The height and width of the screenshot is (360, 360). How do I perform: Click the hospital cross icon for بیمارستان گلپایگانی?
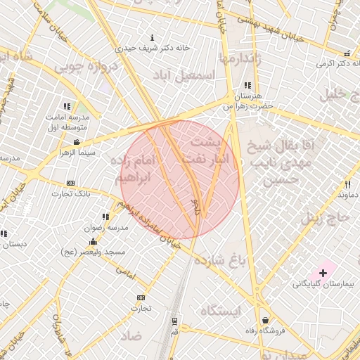pyautogui.click(x=323, y=271)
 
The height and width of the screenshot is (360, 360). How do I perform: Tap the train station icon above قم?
pyautogui.click(x=174, y=320)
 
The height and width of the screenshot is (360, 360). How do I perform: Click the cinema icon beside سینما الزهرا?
pyautogui.click(x=77, y=143)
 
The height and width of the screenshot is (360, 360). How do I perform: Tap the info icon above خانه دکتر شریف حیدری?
pyautogui.click(x=153, y=37)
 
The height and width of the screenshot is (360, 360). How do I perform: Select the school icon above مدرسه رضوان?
pyautogui.click(x=105, y=217)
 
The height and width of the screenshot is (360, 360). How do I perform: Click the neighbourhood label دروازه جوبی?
pyautogui.click(x=79, y=68)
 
